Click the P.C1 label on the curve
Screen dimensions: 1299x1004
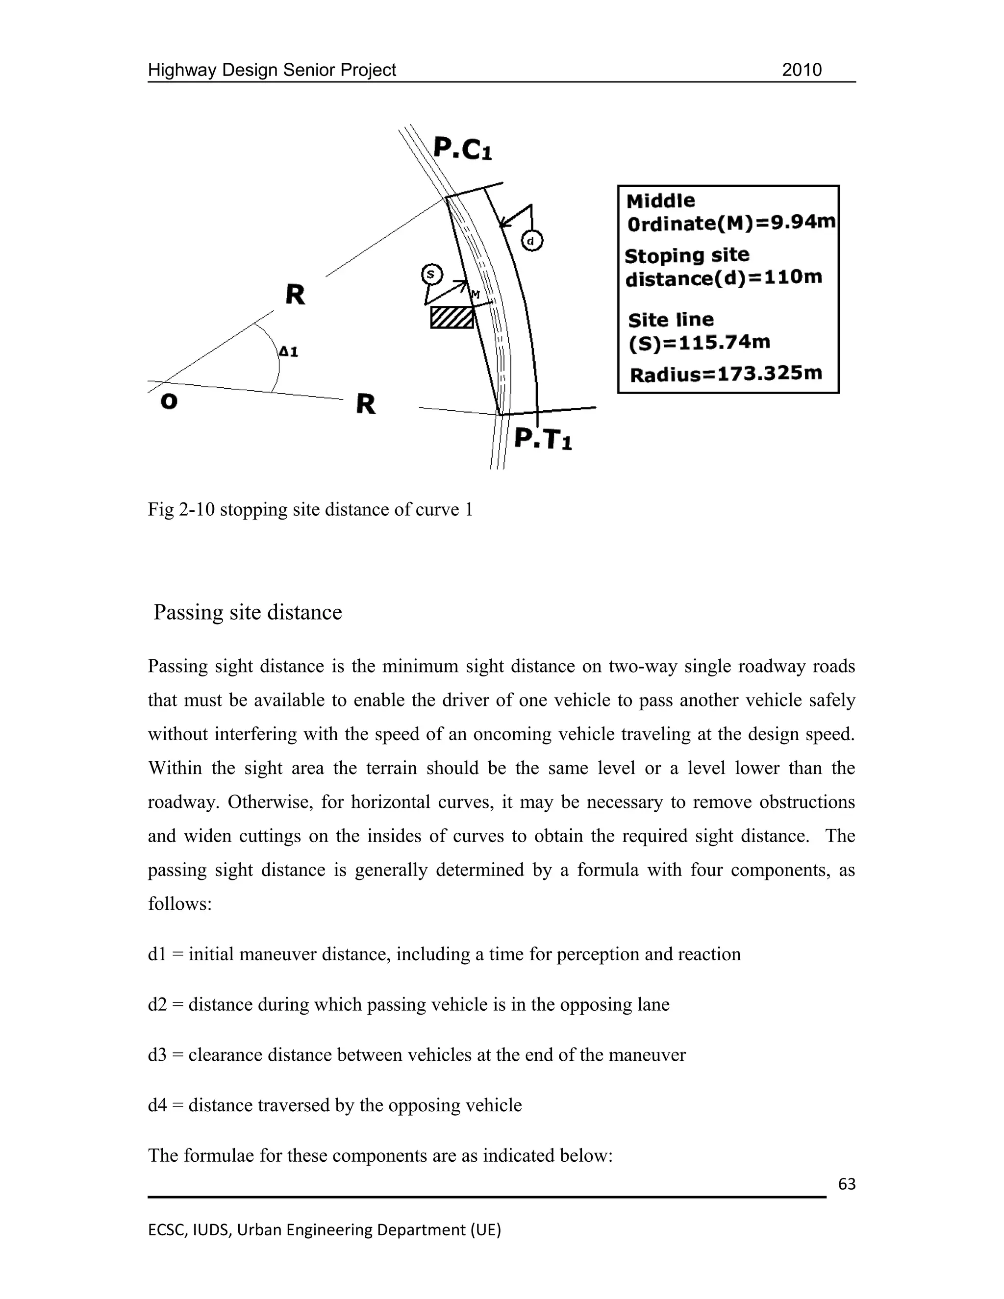point(462,149)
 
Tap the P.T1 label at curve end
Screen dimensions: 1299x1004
point(543,439)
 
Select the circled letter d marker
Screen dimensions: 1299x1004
point(532,241)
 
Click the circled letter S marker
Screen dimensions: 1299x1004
point(431,274)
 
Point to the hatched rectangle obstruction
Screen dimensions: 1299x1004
point(452,318)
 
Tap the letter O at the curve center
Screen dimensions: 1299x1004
point(169,402)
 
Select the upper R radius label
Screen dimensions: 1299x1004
point(295,295)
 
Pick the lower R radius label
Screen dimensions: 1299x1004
point(365,404)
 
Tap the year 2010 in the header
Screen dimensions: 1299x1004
point(801,70)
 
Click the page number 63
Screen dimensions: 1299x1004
point(846,1184)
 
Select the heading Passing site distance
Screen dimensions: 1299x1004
point(248,612)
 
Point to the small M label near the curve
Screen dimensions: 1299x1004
point(475,295)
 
